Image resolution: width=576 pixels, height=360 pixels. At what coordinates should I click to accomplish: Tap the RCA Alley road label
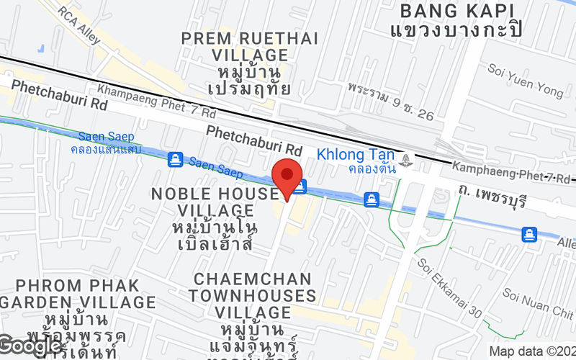pos(80,25)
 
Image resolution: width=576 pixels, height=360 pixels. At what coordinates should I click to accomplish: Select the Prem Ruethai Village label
pos(235,46)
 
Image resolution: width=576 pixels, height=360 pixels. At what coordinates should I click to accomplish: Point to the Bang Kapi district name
pos(457,11)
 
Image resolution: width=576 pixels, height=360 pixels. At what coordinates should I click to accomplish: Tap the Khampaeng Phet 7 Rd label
pos(156,102)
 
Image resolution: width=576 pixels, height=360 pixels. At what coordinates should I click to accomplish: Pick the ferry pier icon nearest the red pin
pos(300,186)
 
